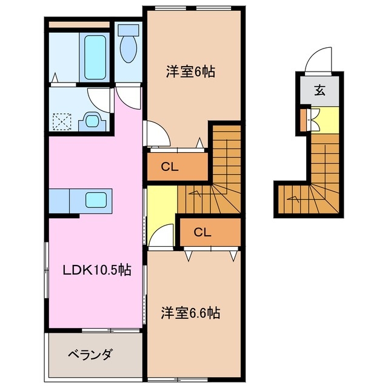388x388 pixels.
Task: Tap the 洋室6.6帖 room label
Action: [190, 313]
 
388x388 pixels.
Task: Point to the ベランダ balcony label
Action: [89, 354]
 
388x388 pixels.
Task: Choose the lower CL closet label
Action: [202, 231]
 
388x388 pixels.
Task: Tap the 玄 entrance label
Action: [319, 92]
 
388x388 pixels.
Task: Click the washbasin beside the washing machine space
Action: [93, 120]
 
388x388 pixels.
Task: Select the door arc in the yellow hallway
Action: [158, 236]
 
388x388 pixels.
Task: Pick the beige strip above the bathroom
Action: [79, 25]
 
